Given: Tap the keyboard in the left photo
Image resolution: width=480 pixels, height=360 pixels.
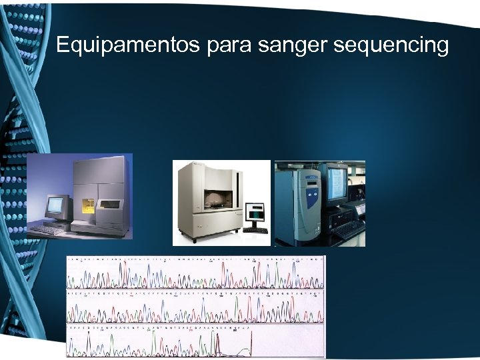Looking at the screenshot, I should (49, 229).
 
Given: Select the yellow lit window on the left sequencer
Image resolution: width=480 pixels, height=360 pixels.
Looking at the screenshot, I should (88, 207).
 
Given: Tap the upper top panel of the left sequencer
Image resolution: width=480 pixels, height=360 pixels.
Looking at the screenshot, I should (100, 170).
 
